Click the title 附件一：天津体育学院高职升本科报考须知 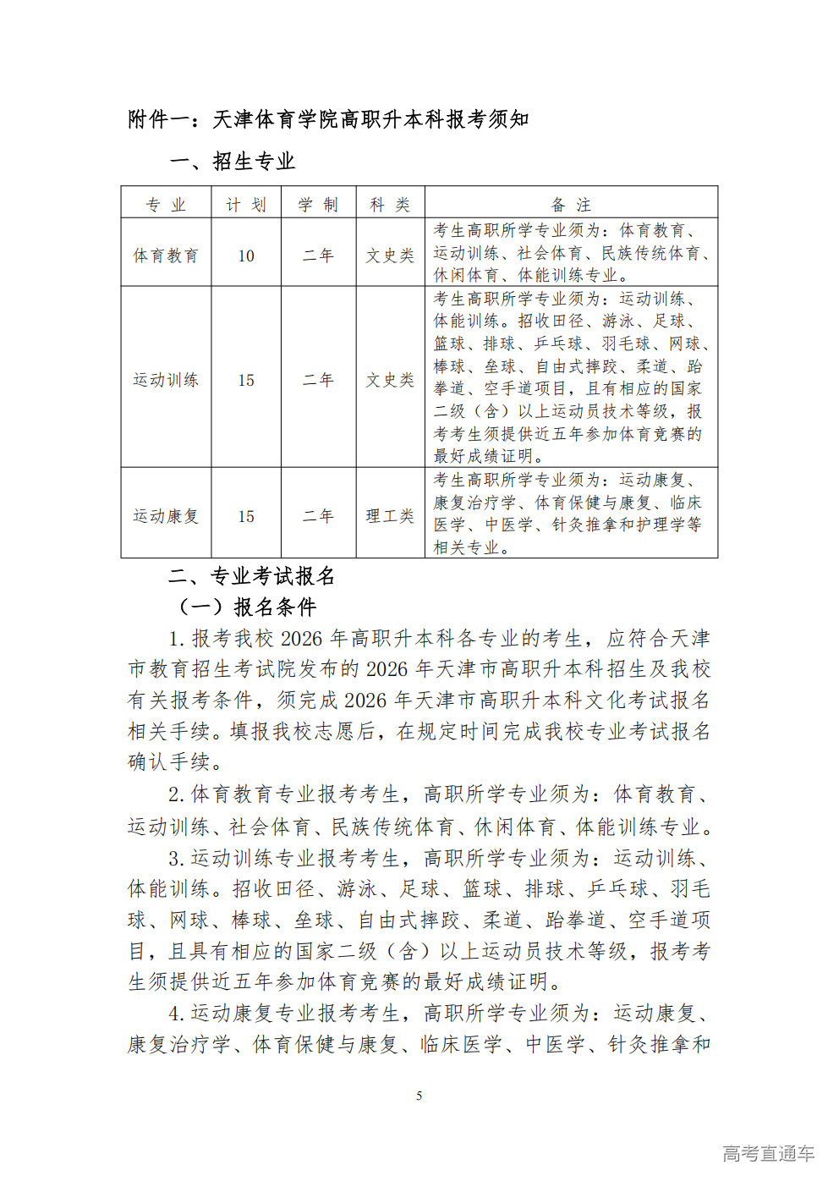(328, 119)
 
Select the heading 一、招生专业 (232, 162)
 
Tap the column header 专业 (166, 205)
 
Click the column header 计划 (246, 205)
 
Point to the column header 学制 (318, 205)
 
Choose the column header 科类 (390, 205)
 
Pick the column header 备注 (571, 205)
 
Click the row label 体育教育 (166, 256)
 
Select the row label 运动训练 (166, 380)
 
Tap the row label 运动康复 (166, 516)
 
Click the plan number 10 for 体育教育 (246, 256)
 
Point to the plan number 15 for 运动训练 (246, 380)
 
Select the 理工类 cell (390, 516)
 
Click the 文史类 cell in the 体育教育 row (390, 256)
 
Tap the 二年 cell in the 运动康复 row (318, 516)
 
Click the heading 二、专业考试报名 (252, 577)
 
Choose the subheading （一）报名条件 (246, 607)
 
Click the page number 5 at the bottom (419, 1096)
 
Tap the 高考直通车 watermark (768, 1153)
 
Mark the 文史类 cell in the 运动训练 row (390, 380)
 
